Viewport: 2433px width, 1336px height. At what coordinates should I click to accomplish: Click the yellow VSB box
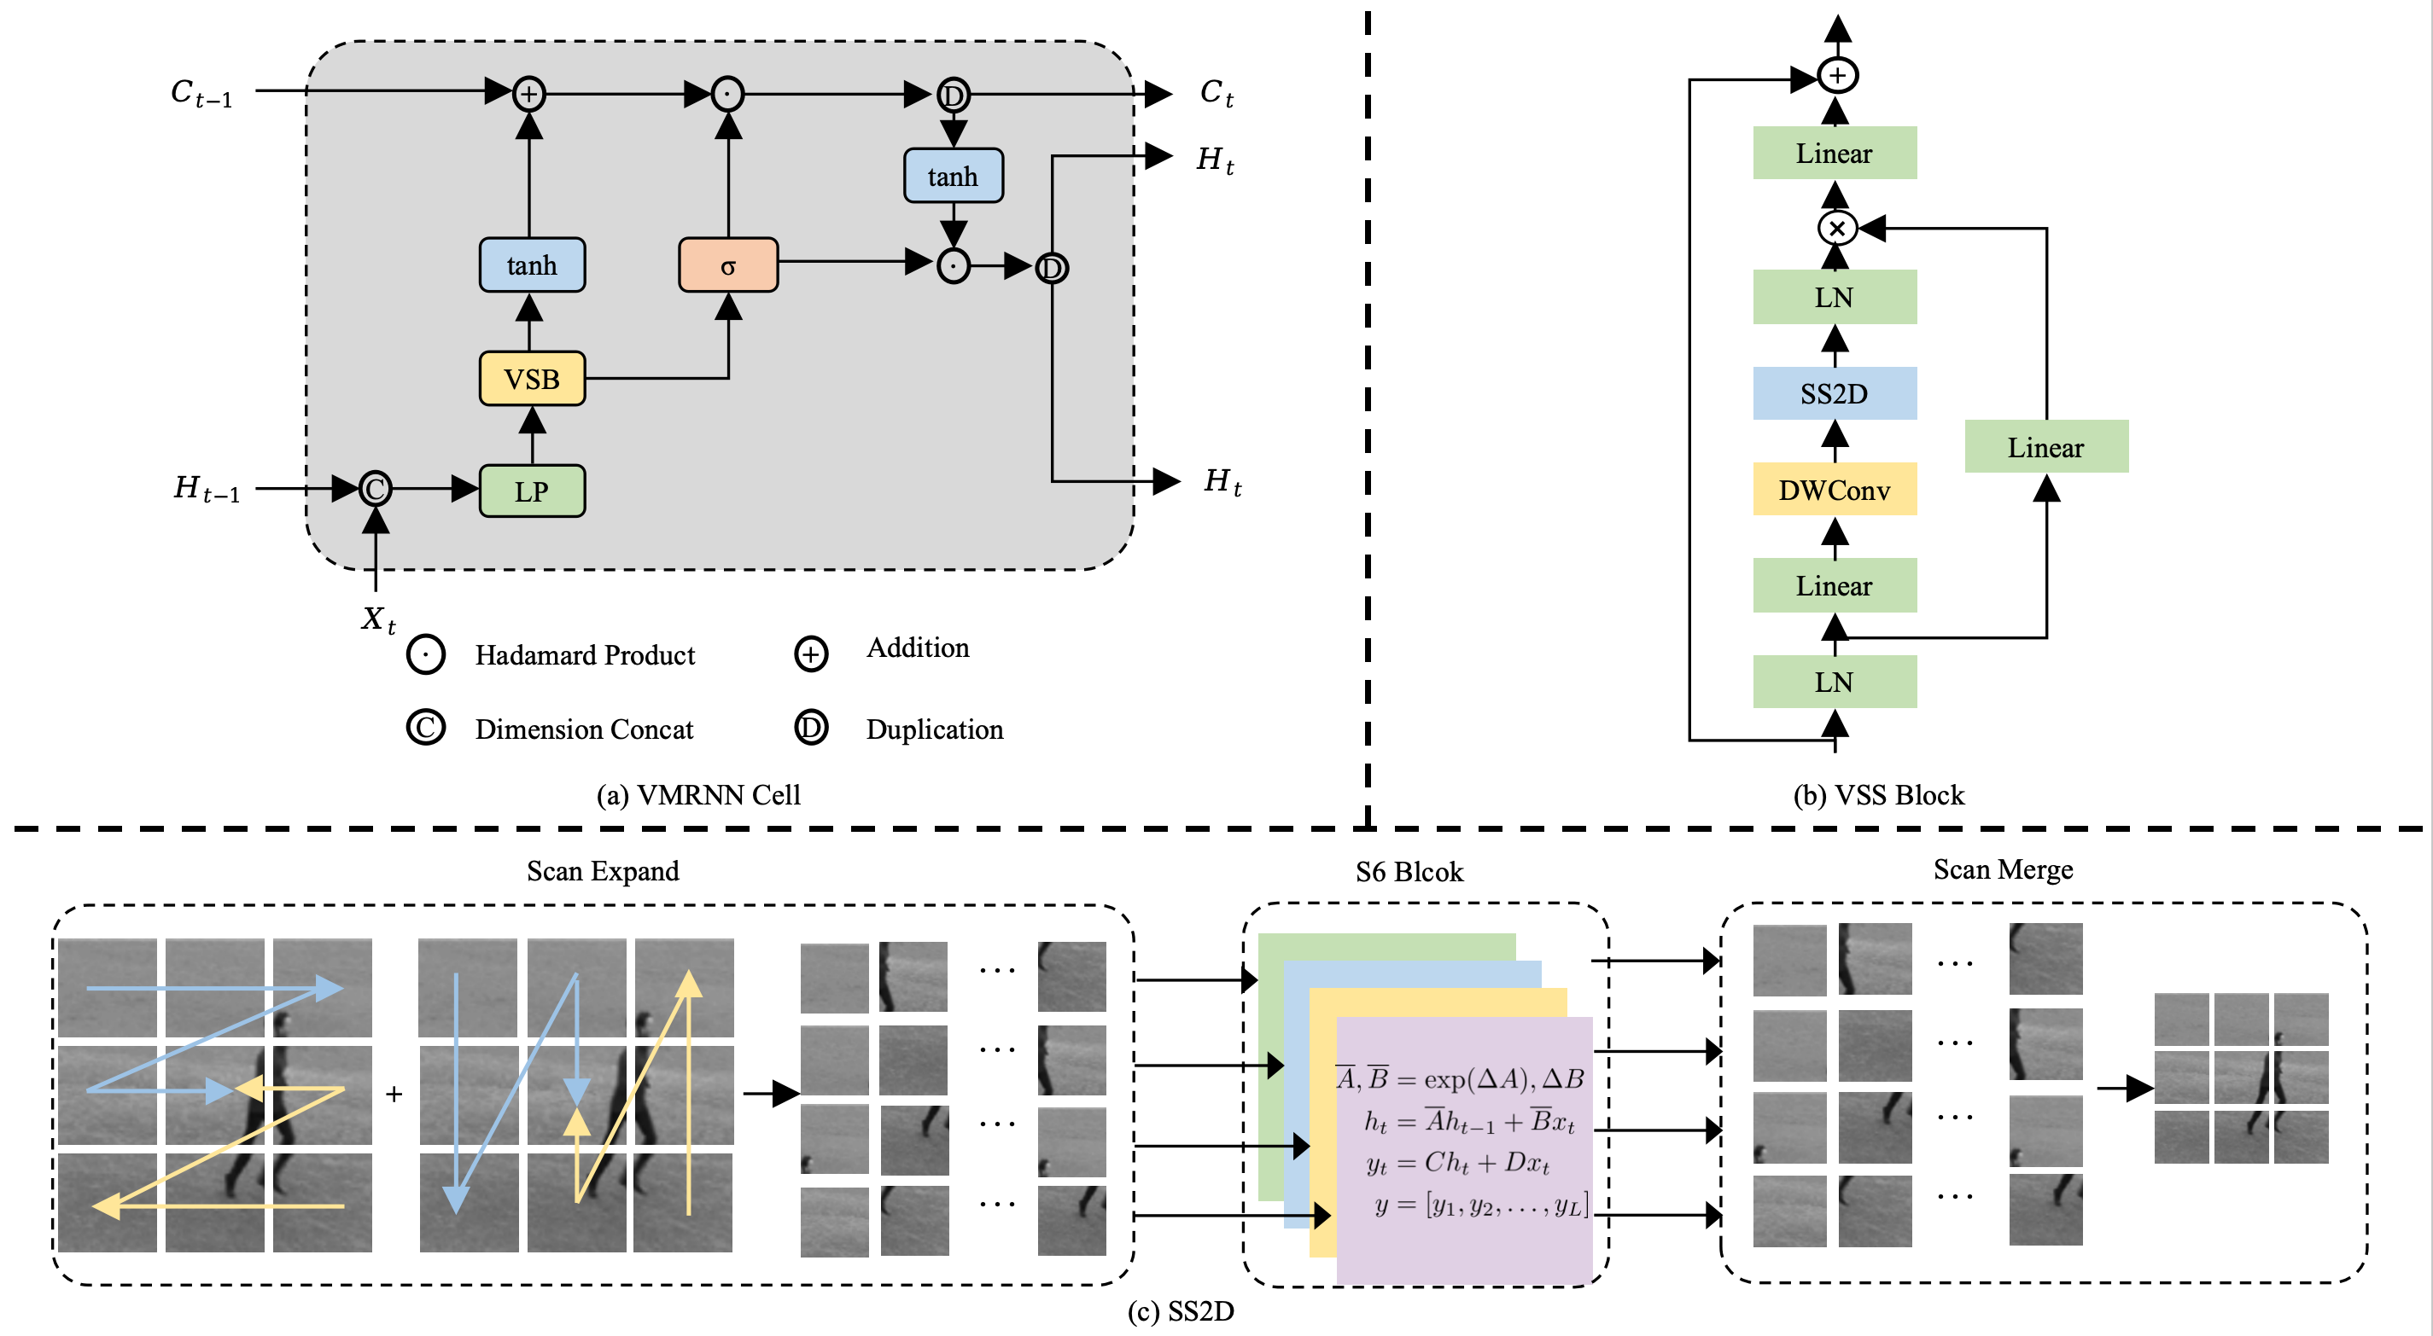(532, 379)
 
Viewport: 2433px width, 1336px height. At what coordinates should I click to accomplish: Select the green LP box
(532, 491)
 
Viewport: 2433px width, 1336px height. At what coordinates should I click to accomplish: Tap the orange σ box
(727, 265)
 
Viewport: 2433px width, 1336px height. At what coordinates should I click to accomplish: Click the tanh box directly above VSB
(532, 265)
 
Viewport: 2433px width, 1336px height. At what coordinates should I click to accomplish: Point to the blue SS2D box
(1835, 393)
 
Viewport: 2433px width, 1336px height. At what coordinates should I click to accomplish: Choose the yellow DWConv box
(1835, 490)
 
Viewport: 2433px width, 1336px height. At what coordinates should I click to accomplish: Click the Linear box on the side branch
(2045, 446)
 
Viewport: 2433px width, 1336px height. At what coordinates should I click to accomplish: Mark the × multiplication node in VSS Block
(1837, 229)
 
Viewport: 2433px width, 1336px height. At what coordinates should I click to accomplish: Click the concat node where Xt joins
(376, 489)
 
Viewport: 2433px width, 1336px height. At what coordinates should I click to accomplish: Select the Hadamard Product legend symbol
(426, 654)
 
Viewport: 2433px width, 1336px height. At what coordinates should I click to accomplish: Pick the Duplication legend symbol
(811, 728)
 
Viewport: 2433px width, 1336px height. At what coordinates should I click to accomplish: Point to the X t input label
(378, 619)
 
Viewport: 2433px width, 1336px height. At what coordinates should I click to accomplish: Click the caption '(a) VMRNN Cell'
(698, 795)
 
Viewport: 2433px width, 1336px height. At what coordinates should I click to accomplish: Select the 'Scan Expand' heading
(603, 870)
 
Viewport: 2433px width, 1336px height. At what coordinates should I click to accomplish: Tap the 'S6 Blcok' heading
(1409, 871)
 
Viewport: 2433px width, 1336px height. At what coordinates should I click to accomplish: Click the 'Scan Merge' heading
(2004, 869)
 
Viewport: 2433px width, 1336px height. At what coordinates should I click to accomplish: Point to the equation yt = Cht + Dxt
(1457, 1163)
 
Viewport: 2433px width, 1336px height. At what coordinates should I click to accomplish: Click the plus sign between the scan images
(394, 1095)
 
